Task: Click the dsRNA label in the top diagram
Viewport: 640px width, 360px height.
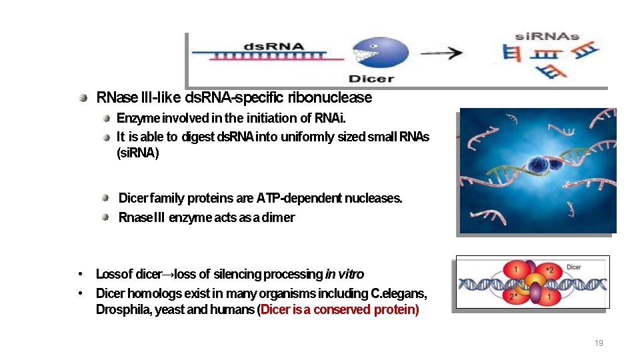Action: (x=274, y=47)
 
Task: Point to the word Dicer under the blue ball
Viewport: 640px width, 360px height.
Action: (x=371, y=79)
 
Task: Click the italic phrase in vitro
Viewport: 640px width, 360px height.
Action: (x=344, y=274)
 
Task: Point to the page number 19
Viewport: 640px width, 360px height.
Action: (x=599, y=343)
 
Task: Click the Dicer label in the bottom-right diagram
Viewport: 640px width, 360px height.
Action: (x=573, y=267)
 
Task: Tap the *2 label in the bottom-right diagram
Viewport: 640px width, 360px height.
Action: (x=550, y=270)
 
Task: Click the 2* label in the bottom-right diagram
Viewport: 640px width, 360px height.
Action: (x=511, y=295)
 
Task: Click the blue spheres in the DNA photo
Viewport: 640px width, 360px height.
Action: (x=539, y=164)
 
